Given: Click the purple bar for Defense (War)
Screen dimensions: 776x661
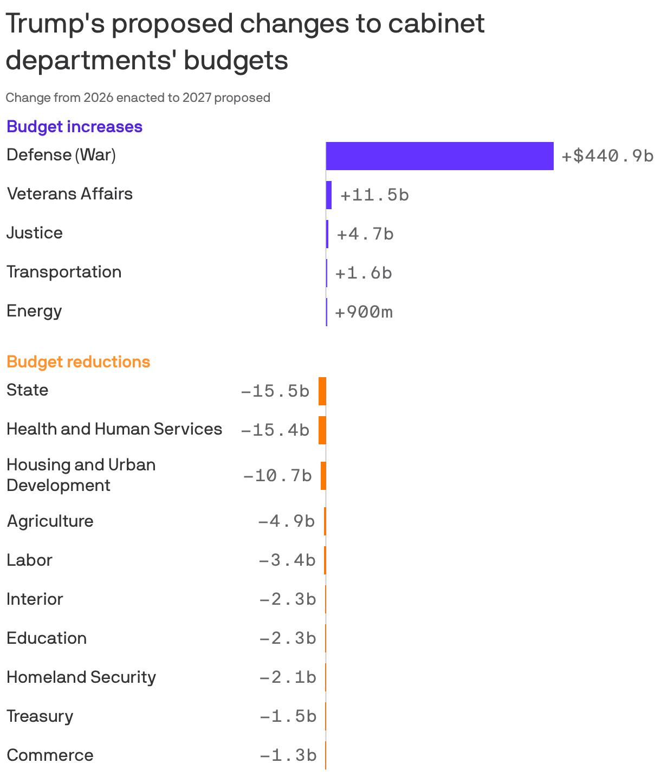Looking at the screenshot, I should coord(439,156).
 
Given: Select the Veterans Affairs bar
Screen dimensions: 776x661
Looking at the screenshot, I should coord(329,195).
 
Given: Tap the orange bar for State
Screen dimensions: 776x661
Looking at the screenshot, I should coord(322,391).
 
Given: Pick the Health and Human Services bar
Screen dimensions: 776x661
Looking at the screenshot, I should coord(322,430).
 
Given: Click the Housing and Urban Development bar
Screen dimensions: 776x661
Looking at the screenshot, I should coord(323,476).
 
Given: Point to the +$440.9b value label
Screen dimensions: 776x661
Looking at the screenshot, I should coord(607,156).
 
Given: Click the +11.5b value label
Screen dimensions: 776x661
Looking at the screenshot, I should coord(374,195).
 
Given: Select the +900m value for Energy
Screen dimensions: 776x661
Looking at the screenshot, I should coord(364,312).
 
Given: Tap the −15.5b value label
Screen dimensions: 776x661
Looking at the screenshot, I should coord(275,391).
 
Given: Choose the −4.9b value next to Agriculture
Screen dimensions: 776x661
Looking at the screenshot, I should coord(286,521).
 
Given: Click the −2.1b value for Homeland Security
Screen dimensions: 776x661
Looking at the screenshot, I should coord(288,677).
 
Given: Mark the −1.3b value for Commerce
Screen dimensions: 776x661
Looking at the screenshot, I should coord(288,755).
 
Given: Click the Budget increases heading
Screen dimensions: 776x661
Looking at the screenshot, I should coord(75,127).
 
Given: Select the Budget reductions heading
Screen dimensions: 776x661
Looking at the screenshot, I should coord(79,362).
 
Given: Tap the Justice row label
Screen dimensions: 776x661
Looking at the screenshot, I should coord(35,233).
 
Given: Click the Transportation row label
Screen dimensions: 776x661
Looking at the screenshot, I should coord(64,272).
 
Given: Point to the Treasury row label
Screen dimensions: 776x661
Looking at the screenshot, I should coord(40,716).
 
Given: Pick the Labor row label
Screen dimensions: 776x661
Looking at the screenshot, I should coord(30,560).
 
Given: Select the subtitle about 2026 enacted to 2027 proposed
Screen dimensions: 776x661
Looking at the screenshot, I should coord(138,98).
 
